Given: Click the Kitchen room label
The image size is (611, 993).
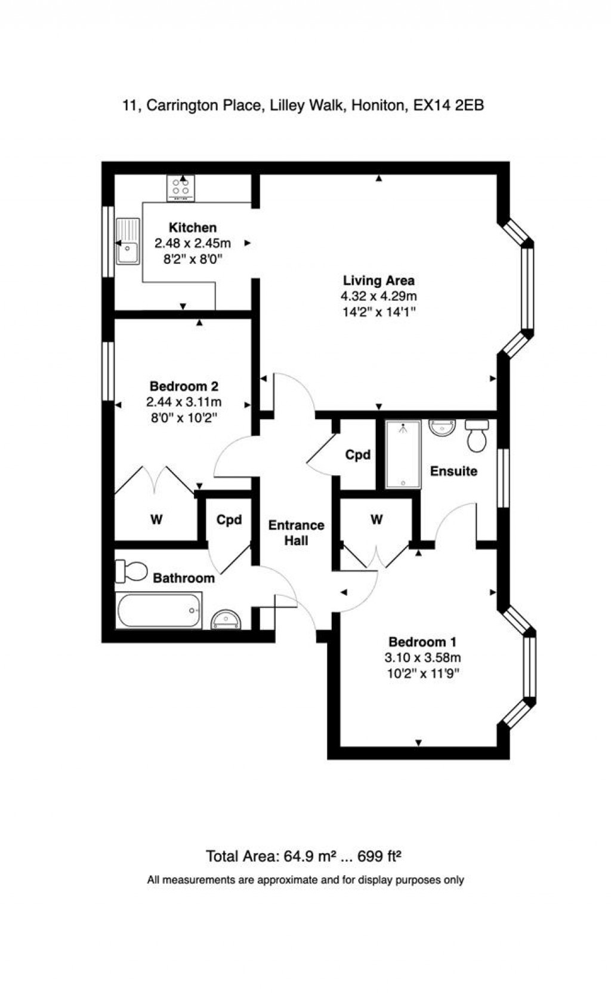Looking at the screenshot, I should pos(192,228).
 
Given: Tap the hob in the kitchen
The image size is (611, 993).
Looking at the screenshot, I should pos(180,187).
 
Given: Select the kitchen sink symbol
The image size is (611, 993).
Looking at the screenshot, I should pos(128,241).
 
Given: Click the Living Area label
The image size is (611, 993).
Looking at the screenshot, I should pos(378,280).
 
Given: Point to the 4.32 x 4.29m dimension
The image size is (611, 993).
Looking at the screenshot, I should pos(378,296).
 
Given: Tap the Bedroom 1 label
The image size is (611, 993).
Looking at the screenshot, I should pos(422,642).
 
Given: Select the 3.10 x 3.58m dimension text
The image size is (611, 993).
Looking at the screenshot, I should pos(422,657).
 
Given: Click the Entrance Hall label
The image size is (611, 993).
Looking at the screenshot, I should pos(296,533).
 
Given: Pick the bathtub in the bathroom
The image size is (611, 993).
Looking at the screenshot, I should pos(159,610).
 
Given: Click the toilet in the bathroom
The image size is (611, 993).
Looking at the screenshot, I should pos(131,571).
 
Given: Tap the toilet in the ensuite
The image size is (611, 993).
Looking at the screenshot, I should pos(477,436).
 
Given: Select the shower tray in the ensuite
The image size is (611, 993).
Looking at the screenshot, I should pos(403,454).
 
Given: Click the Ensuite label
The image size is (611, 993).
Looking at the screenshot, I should pos(453,471).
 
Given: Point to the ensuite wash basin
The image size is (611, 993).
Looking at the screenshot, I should pos(442,428).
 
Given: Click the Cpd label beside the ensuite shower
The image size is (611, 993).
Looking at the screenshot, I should pos(357,455).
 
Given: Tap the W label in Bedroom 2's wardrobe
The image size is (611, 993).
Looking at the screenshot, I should pos(156,519).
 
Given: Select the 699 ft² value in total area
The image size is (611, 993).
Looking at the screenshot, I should pos(379,856).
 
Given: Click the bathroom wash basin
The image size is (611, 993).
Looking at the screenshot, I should pos(227,619).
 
